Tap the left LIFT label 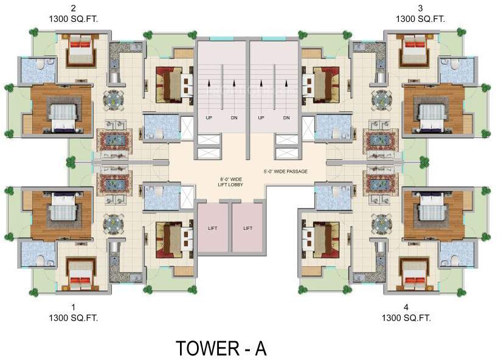(212, 229)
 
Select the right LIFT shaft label (247, 229)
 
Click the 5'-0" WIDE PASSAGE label (286, 172)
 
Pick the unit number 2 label (73, 9)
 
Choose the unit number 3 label (420, 9)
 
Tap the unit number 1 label (73, 307)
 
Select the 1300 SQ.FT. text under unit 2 (73, 19)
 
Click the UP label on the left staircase (209, 117)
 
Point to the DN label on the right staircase (286, 117)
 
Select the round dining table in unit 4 (382, 223)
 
